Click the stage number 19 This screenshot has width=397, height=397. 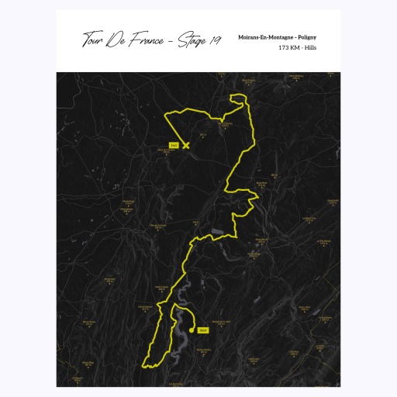pos(215,40)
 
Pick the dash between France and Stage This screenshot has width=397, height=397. pos(172,41)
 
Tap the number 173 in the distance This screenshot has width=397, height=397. pos(285,48)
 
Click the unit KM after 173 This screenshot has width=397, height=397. pos(299,48)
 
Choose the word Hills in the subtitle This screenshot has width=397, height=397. pos(316,48)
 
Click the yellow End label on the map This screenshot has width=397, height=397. pos(174,145)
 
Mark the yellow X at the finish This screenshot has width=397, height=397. pos(185,145)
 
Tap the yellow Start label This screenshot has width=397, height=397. pos(203,330)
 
